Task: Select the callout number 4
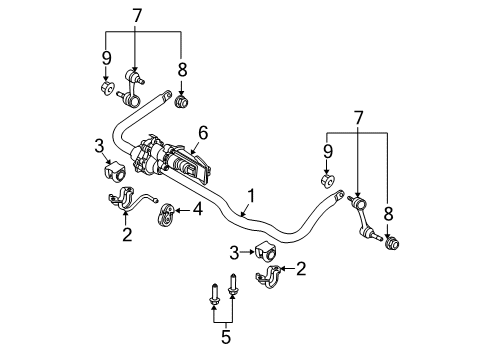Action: [x=199, y=210]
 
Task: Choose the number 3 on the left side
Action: [x=100, y=148]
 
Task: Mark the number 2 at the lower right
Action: [x=301, y=269]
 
